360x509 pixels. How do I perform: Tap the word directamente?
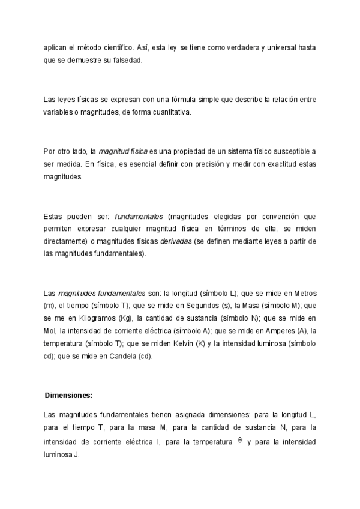click(65, 241)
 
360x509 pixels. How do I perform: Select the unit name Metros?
click(304, 293)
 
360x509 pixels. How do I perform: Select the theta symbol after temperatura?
click(240, 441)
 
